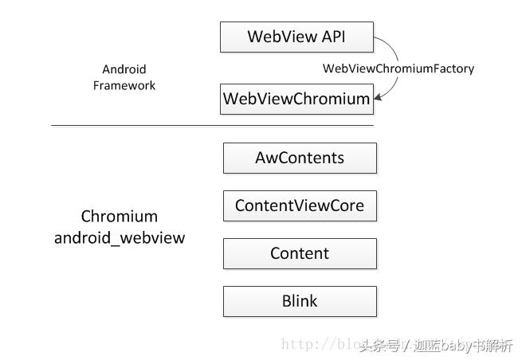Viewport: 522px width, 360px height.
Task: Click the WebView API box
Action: coord(296,37)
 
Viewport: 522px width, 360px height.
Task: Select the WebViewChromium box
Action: coord(296,100)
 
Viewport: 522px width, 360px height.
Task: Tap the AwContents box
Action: coord(300,158)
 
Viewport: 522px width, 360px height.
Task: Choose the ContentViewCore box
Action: coord(300,205)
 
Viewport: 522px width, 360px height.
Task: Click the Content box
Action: coord(300,253)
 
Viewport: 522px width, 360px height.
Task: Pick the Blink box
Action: coord(300,301)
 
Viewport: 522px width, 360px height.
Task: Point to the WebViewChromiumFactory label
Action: coord(398,68)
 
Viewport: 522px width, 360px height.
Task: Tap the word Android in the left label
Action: coord(124,69)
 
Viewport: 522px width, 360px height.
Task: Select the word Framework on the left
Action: coord(124,85)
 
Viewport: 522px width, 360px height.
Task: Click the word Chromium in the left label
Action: coord(120,217)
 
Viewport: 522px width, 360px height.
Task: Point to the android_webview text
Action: coord(120,237)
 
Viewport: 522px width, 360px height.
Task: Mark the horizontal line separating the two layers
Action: coord(212,125)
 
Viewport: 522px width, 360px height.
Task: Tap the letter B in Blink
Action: coord(286,301)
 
